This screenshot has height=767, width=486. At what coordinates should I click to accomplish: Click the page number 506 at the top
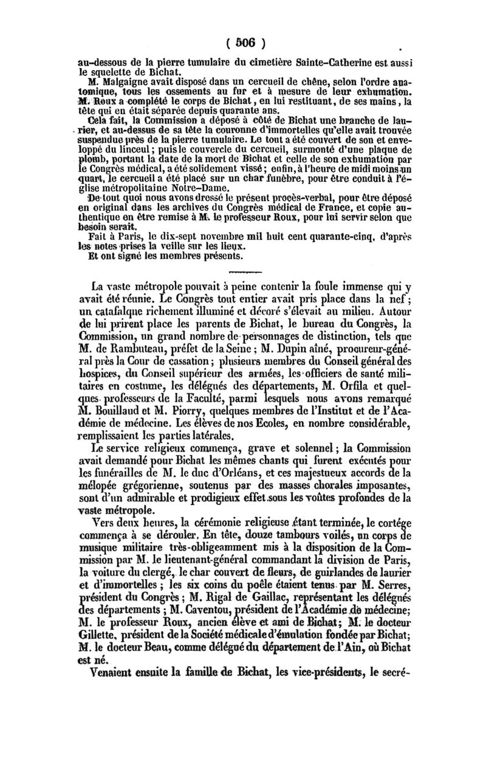click(244, 43)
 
